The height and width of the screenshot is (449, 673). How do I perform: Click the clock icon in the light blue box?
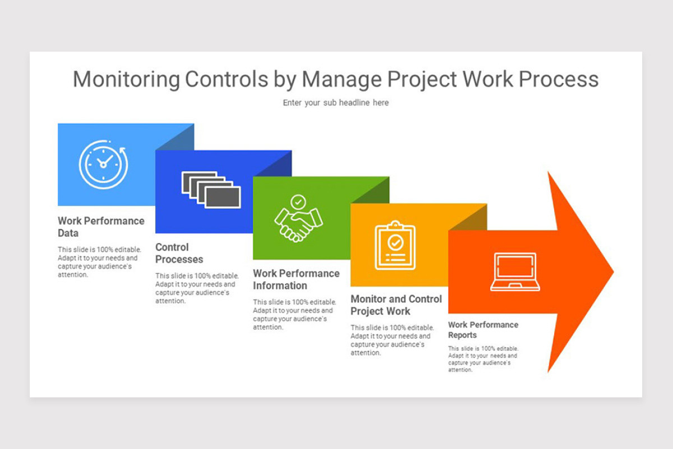[x=103, y=164]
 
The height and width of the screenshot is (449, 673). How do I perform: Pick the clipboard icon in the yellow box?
[x=395, y=245]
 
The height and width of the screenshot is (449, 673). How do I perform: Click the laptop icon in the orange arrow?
[x=515, y=272]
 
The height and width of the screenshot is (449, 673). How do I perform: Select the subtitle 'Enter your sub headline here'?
[x=335, y=103]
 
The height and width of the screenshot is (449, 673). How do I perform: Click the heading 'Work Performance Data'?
[x=101, y=227]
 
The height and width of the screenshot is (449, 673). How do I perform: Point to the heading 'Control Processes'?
[x=179, y=253]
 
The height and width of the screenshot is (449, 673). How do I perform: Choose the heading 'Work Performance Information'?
[x=296, y=279]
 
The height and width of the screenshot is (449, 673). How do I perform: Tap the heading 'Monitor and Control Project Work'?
[x=396, y=305]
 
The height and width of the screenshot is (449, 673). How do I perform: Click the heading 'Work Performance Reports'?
[x=483, y=329]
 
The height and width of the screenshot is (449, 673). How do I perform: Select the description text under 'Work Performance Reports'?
[x=483, y=359]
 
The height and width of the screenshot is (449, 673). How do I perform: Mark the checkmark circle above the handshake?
[x=298, y=201]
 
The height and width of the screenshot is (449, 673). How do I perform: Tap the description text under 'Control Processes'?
[x=197, y=288]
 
